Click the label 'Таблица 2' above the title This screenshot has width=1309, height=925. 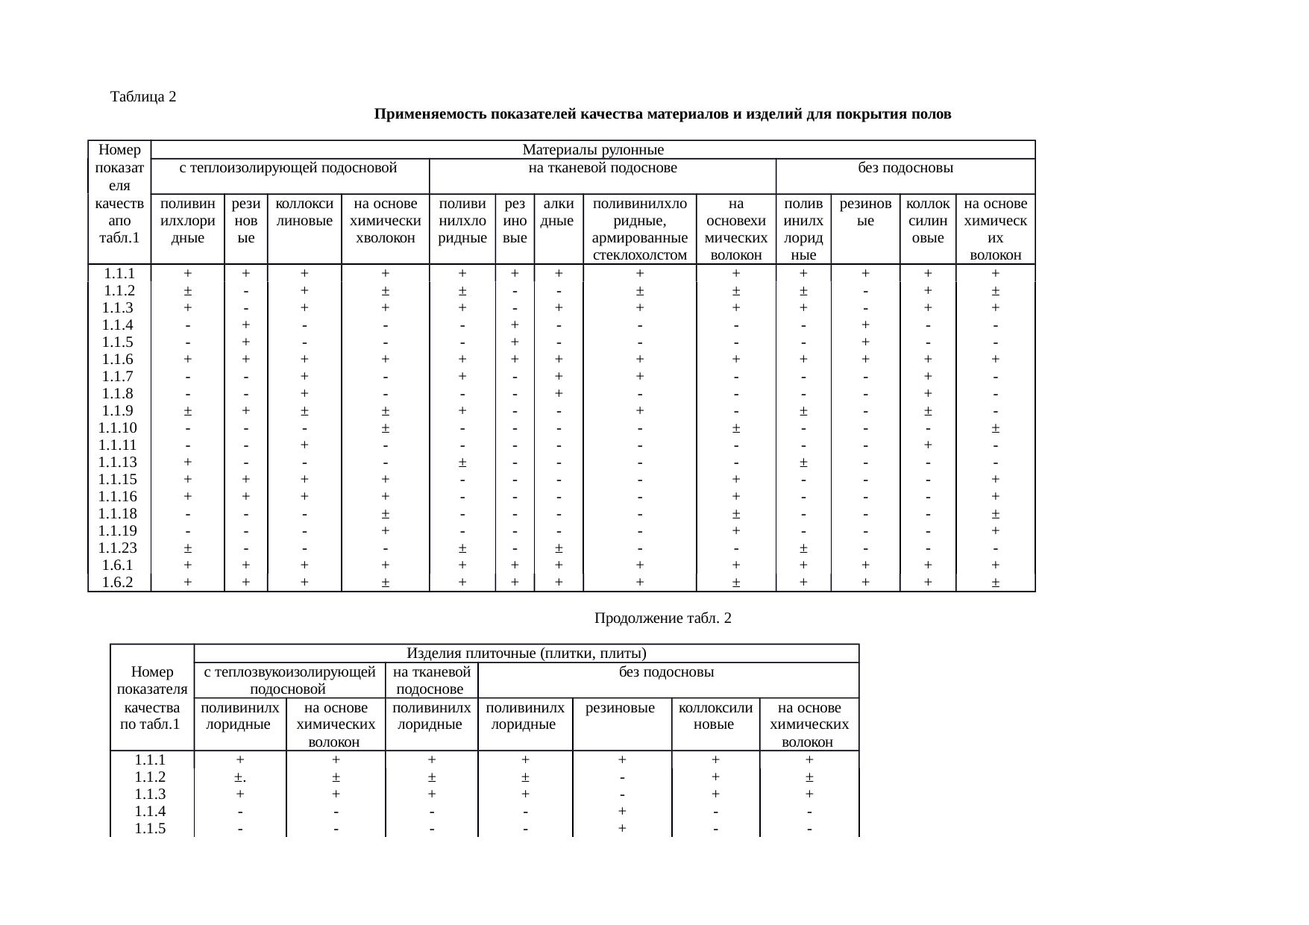pyautogui.click(x=142, y=97)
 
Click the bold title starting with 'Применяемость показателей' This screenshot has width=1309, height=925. pyautogui.click(x=662, y=114)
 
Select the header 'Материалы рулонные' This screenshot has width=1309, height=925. pyautogui.click(x=593, y=151)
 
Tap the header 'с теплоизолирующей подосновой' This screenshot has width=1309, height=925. pyautogui.click(x=289, y=168)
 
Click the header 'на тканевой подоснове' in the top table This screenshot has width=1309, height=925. pyautogui.click(x=602, y=168)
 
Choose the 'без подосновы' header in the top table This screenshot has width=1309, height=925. pyautogui.click(x=905, y=168)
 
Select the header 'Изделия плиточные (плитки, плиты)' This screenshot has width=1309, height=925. pyautogui.click(x=526, y=654)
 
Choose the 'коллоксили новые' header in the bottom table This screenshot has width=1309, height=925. pyautogui.click(x=715, y=715)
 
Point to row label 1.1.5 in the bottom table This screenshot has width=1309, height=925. pyautogui.click(x=151, y=829)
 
